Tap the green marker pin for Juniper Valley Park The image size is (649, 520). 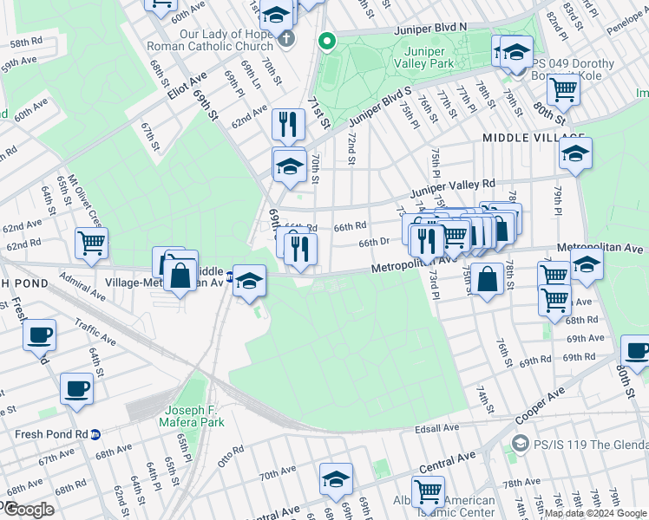click(327, 40)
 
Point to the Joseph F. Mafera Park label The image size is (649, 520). click(183, 416)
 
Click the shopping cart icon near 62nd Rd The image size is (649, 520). click(91, 243)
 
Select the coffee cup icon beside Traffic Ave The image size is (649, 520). click(41, 334)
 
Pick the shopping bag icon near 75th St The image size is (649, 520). click(488, 279)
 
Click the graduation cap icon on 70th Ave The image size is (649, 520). click(337, 478)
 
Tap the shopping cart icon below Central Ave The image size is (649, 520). click(428, 491)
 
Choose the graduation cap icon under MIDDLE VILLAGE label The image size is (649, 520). click(575, 153)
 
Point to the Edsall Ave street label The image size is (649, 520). click(437, 428)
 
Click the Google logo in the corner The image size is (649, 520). click(29, 510)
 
